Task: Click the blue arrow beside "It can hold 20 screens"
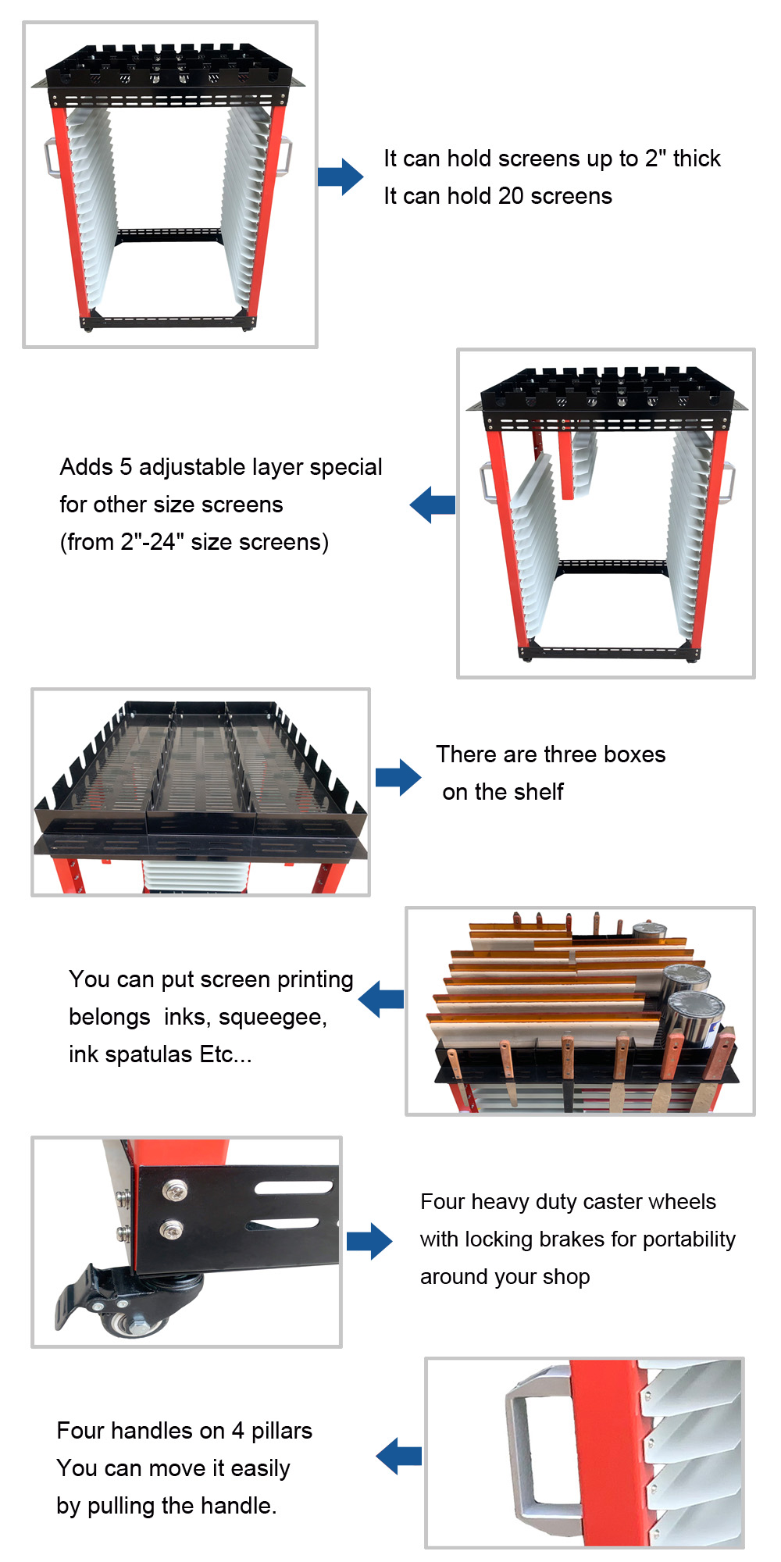(x=341, y=177)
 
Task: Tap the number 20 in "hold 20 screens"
(x=511, y=196)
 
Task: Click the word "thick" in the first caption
(x=697, y=159)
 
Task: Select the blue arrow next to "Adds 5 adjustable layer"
(x=432, y=505)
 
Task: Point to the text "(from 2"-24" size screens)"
(x=194, y=542)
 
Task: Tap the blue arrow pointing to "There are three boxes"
(x=398, y=777)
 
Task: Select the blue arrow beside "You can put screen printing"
(x=381, y=1000)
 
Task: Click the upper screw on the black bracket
(x=173, y=1191)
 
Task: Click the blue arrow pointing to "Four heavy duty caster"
(x=369, y=1241)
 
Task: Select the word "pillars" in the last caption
(x=282, y=1431)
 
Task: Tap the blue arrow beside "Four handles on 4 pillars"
(x=399, y=1456)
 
